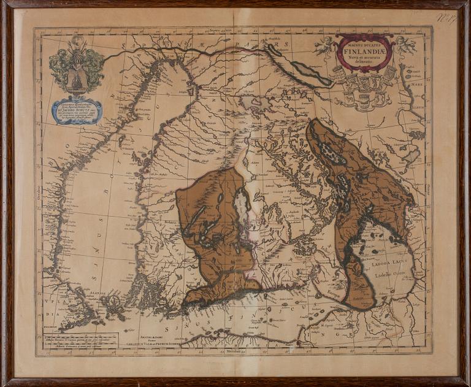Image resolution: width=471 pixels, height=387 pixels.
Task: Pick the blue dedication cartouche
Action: [x=76, y=111]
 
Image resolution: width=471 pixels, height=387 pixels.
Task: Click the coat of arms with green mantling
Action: [x=76, y=67]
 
